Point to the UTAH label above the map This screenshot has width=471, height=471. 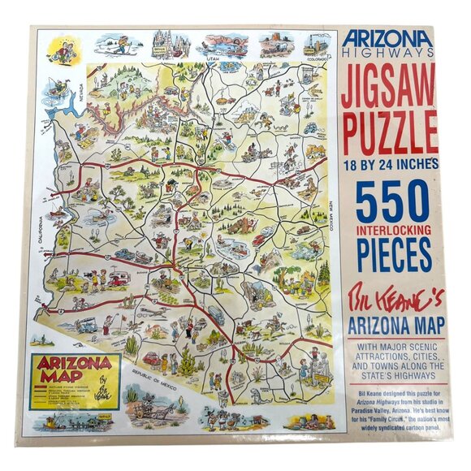[x=213, y=59]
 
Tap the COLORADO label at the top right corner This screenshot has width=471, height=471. [x=316, y=58]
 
